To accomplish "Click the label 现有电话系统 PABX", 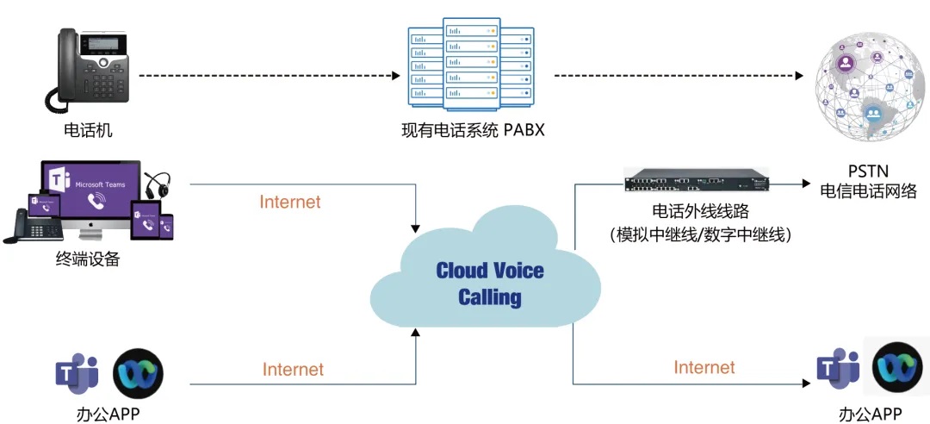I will pyautogui.click(x=473, y=131).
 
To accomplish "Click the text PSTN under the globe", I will pyautogui.click(x=868, y=171).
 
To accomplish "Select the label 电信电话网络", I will pyautogui.click(x=868, y=191).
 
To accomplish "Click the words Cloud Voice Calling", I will pyautogui.click(x=489, y=284).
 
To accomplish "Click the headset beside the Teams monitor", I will pyautogui.click(x=156, y=185).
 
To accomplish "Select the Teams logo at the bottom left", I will pyautogui.click(x=77, y=372).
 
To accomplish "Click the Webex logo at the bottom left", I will pyautogui.click(x=138, y=372).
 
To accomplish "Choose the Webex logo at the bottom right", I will pyautogui.click(x=897, y=368).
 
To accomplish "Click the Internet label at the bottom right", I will pyautogui.click(x=704, y=367).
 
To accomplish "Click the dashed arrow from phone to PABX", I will pyautogui.click(x=270, y=76).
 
